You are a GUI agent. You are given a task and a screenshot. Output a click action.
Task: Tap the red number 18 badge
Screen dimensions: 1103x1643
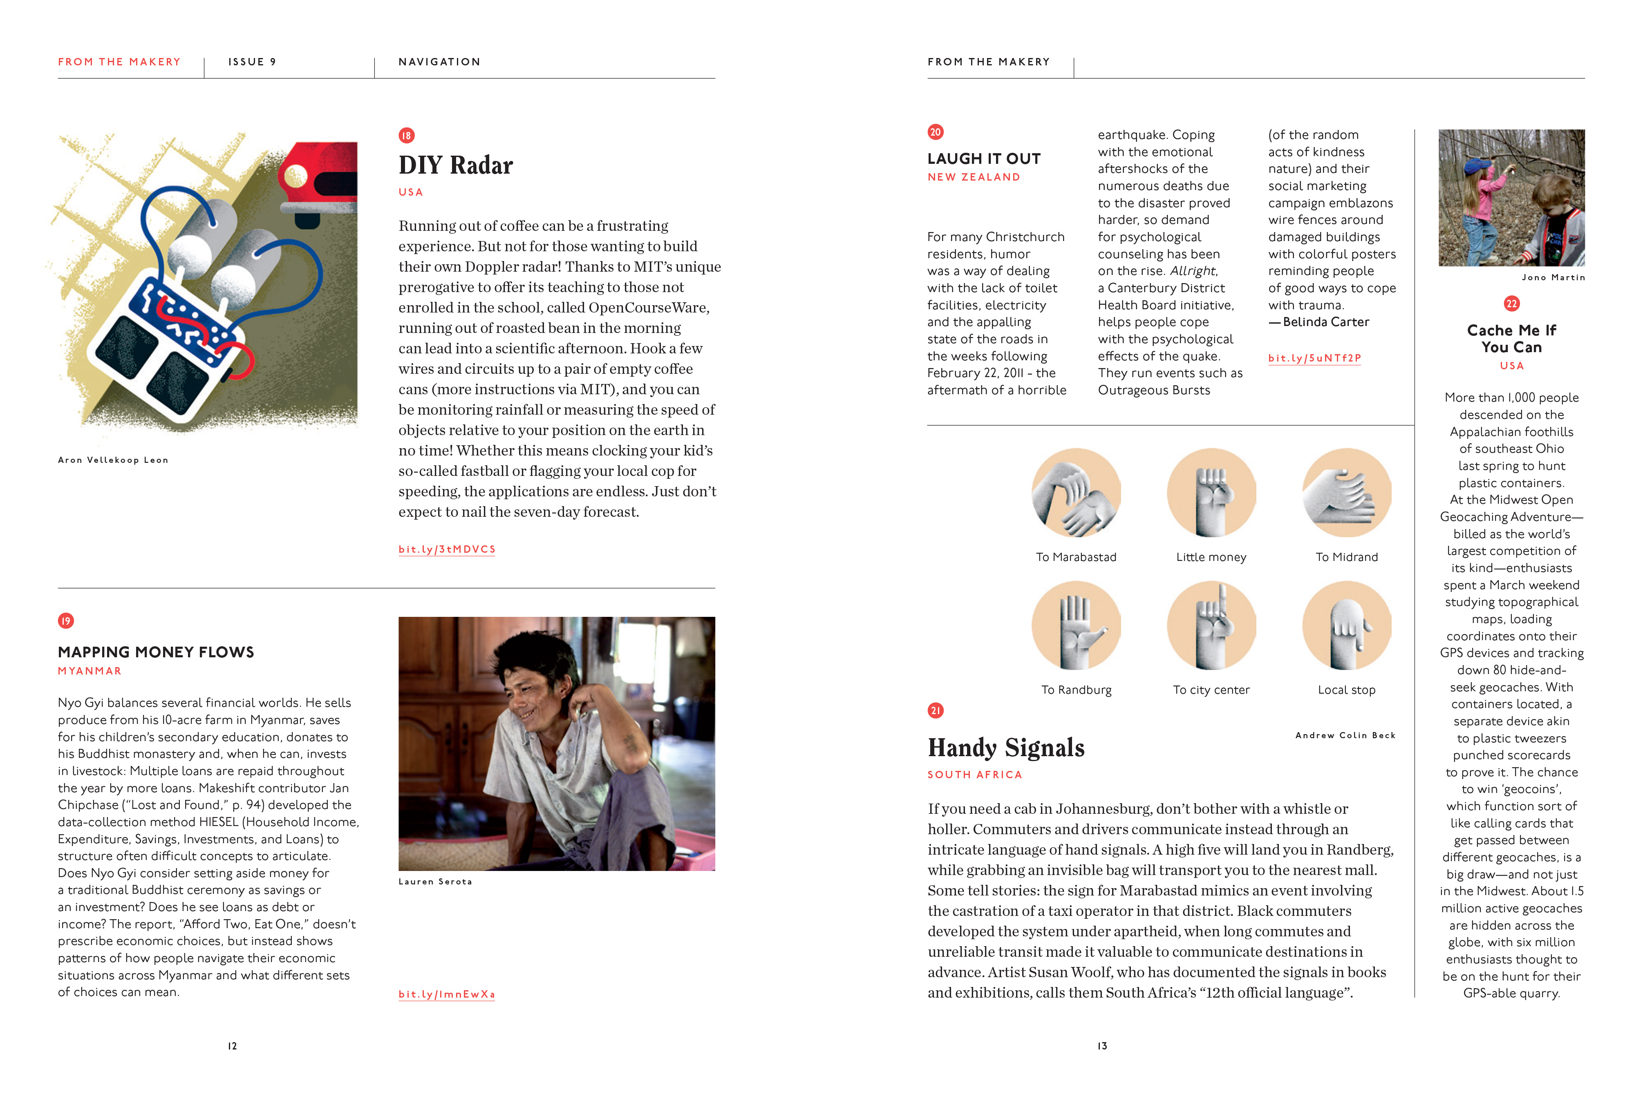pyautogui.click(x=407, y=135)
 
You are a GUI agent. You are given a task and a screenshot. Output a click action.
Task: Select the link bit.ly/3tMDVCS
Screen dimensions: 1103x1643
pyautogui.click(x=447, y=549)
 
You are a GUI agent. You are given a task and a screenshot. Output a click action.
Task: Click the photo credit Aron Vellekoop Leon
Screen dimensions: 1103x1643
pyautogui.click(x=113, y=460)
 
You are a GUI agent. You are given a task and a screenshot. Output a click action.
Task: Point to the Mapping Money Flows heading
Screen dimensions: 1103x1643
pyautogui.click(x=155, y=652)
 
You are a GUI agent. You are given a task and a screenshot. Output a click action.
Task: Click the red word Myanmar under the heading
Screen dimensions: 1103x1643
pyautogui.click(x=90, y=671)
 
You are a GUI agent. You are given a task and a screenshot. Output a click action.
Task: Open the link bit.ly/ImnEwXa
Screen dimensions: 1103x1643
pyautogui.click(x=447, y=994)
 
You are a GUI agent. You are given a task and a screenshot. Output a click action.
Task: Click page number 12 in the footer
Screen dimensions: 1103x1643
pyautogui.click(x=232, y=1046)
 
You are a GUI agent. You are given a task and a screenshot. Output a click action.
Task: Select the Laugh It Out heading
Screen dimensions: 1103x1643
pyautogui.click(x=984, y=159)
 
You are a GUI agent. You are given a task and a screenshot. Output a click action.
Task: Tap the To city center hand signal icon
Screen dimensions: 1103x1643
pyautogui.click(x=1211, y=625)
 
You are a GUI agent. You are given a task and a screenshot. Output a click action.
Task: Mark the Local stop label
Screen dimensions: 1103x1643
pyautogui.click(x=1346, y=690)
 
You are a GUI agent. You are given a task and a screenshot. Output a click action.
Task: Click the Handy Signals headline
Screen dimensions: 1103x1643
pyautogui.click(x=1005, y=748)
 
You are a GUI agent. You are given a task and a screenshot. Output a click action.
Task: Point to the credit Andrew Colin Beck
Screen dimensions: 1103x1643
pyautogui.click(x=1345, y=735)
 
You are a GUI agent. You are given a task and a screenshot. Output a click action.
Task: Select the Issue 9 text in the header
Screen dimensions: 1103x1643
pyautogui.click(x=252, y=62)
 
